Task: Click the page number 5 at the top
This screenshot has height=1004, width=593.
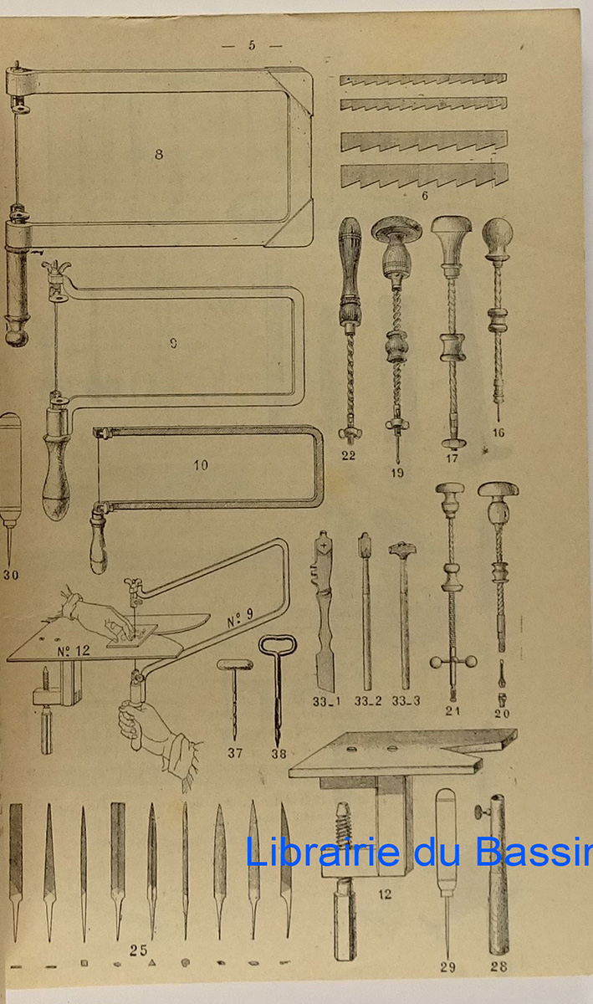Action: tap(252, 45)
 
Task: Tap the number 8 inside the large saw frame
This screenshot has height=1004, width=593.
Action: tap(159, 154)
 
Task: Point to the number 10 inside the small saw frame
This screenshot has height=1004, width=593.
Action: tap(201, 465)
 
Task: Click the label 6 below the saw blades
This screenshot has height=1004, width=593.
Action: tap(425, 196)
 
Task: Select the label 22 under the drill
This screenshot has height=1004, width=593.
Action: tap(348, 455)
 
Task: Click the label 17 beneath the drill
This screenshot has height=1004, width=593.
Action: tap(452, 458)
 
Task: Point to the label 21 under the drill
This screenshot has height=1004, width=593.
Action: tap(452, 710)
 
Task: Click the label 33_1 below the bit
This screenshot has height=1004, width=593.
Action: tap(326, 701)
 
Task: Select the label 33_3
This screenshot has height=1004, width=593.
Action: tap(406, 700)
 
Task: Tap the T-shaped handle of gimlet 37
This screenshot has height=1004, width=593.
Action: tap(235, 664)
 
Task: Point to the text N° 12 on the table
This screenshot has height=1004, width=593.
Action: tap(73, 650)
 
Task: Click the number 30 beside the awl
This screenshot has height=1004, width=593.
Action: tap(11, 575)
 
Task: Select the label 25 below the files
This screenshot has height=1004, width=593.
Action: tap(139, 950)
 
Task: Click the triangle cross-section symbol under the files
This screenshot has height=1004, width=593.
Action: tap(152, 963)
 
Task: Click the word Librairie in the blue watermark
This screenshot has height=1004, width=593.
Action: tap(322, 852)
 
